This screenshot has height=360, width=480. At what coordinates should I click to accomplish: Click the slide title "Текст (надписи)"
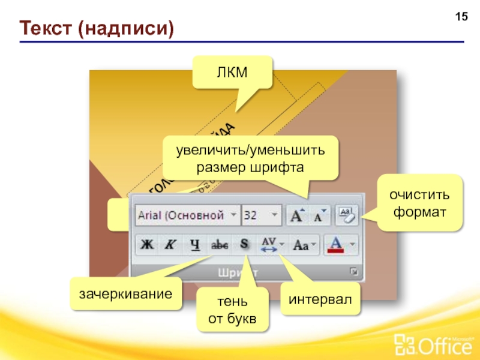(x=96, y=28)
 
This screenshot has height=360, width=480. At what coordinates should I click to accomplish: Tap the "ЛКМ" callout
(x=232, y=71)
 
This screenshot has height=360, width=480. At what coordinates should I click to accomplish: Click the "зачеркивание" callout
(x=125, y=294)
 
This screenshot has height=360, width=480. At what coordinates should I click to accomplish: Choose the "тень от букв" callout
(x=232, y=311)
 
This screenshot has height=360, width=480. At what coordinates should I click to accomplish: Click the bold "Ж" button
(x=147, y=245)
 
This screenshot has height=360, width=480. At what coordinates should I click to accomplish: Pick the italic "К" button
(x=170, y=245)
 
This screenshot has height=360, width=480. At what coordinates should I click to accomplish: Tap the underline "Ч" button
(x=194, y=245)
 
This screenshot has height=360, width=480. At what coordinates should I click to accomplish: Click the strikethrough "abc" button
(x=218, y=245)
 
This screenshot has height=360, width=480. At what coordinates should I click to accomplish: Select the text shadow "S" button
(x=244, y=245)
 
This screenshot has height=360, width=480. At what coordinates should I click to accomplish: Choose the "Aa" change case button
(x=304, y=245)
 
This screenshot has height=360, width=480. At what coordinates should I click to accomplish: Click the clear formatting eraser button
(x=346, y=215)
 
